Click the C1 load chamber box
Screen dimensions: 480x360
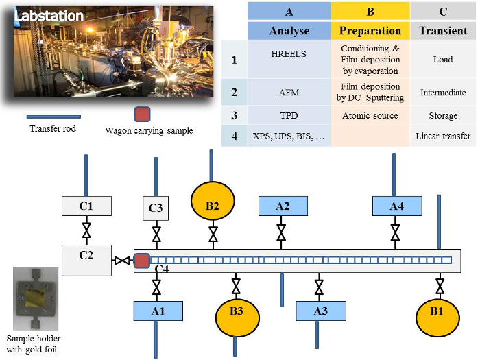[86, 206]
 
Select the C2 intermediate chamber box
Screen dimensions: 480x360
[86, 260]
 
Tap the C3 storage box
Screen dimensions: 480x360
[156, 208]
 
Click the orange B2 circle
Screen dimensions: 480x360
[213, 201]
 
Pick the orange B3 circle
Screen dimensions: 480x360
[237, 317]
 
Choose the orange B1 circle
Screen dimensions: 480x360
[437, 317]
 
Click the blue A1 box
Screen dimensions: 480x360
[158, 311]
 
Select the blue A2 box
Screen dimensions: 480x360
[283, 206]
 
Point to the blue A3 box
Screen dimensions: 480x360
[321, 311]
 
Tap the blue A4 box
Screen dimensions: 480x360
[397, 206]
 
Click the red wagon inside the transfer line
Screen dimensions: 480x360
[142, 261]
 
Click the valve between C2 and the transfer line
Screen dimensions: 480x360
[122, 261]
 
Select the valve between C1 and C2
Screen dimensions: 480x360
[86, 230]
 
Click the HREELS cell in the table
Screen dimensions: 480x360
[289, 54]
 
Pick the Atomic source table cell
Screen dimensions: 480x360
[370, 115]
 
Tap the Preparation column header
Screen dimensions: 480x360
[370, 31]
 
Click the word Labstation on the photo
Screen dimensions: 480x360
[49, 16]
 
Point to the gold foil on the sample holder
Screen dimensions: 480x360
[34, 298]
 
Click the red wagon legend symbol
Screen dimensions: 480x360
[142, 114]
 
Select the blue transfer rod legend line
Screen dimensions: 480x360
[54, 117]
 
